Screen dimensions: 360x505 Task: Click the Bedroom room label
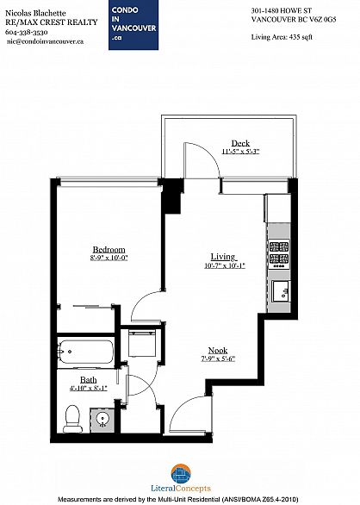[x=109, y=250]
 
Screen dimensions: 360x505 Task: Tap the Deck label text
[x=240, y=143]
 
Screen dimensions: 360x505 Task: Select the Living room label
[x=224, y=257]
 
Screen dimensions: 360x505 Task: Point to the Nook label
[x=218, y=351]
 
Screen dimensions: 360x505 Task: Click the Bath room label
[x=88, y=380]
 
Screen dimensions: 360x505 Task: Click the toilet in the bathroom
[x=72, y=419]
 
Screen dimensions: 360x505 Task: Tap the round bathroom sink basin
[x=102, y=420]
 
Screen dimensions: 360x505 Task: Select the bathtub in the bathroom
[x=85, y=352]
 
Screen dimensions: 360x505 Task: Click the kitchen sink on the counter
[x=281, y=291]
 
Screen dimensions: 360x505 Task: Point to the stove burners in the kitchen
[x=279, y=253]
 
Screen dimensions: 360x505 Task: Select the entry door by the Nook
[x=190, y=415]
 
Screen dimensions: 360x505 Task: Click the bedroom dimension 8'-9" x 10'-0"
[x=109, y=258]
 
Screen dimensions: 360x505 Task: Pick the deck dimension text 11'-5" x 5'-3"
[x=240, y=152]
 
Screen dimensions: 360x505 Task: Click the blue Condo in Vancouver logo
[x=133, y=25]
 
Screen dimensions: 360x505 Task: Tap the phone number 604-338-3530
[x=27, y=32]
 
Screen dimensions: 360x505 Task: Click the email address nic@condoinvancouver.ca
[x=45, y=41]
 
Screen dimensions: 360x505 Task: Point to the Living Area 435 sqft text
[x=282, y=37]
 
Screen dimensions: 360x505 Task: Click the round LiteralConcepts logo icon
[x=181, y=474]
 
